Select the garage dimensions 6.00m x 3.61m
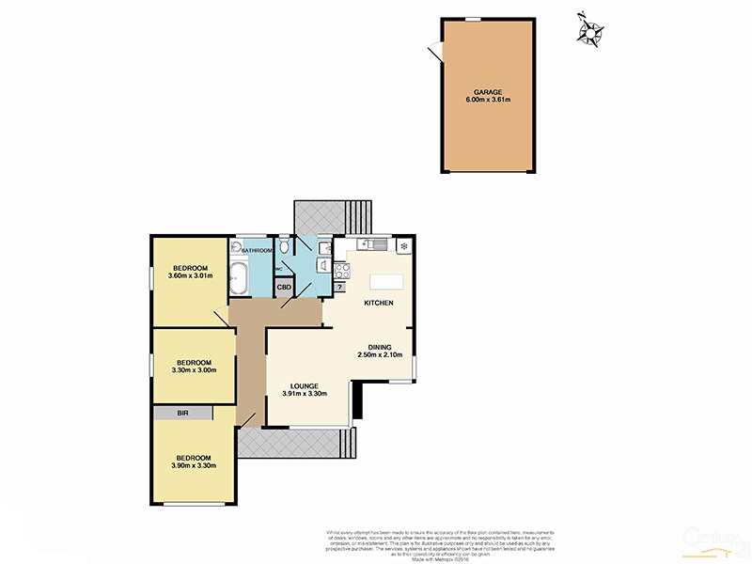click(x=488, y=100)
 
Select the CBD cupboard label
click(x=283, y=288)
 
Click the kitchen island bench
click(x=386, y=281)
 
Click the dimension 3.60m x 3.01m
click(x=191, y=275)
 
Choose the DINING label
click(x=381, y=346)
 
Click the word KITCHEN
click(x=379, y=303)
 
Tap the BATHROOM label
click(x=257, y=251)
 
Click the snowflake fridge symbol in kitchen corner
click(x=403, y=246)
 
